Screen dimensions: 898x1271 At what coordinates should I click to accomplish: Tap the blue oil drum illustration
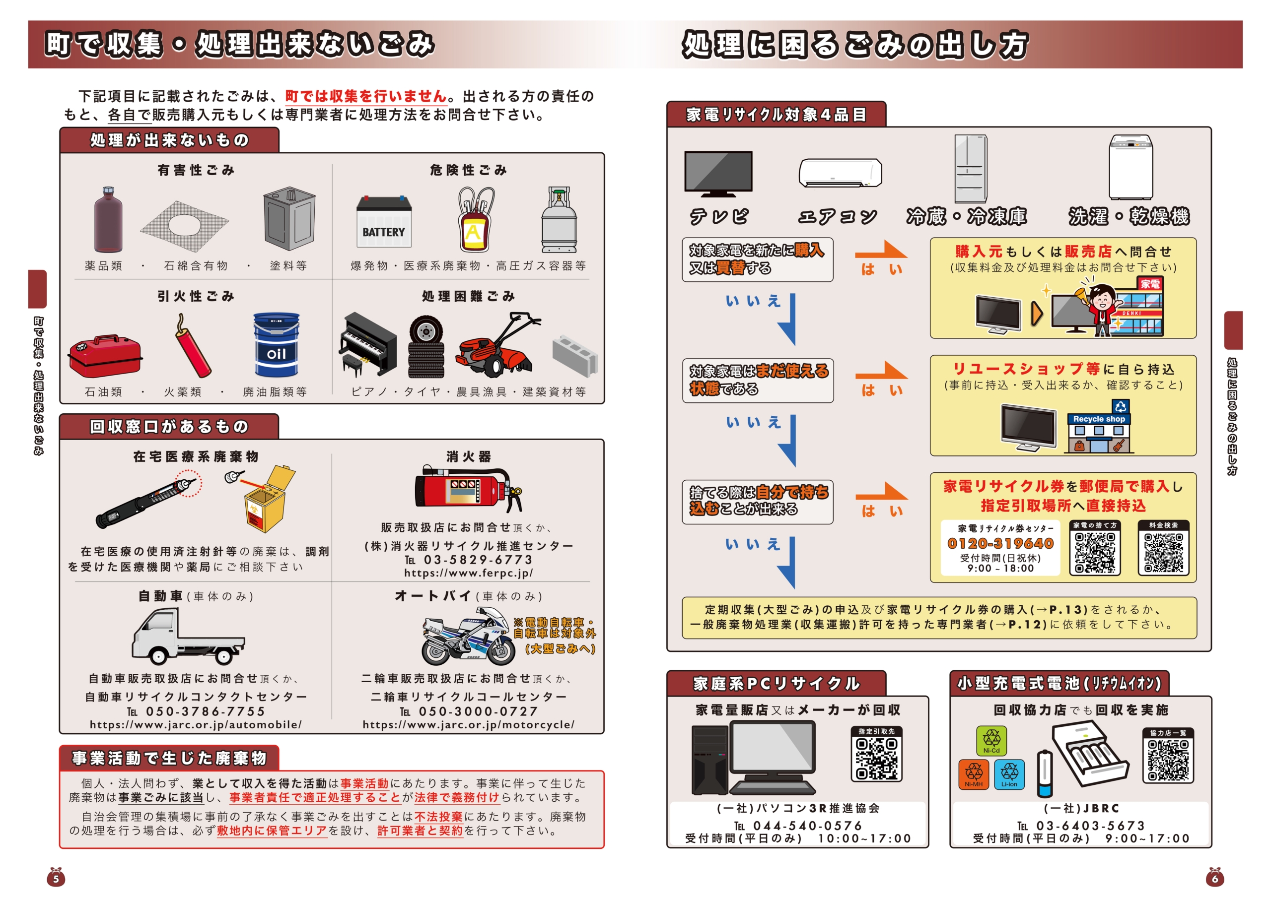276,345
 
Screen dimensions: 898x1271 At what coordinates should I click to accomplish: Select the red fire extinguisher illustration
466,490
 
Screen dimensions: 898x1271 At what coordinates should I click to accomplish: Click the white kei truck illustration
187,637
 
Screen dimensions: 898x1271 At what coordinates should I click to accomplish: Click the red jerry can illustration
105,355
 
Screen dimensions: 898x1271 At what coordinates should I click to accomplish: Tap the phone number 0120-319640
1000,543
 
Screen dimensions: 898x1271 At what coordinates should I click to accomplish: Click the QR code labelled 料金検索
1163,553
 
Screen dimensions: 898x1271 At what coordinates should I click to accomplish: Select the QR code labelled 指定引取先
876,758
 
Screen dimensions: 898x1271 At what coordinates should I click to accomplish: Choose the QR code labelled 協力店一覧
1168,760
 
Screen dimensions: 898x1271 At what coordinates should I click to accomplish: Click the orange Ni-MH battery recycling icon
974,773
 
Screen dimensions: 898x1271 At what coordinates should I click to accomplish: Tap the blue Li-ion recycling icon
1009,773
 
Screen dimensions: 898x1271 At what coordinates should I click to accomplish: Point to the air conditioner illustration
840,173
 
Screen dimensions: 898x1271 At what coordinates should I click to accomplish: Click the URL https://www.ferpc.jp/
468,573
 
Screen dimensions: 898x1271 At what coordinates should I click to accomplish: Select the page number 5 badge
55,878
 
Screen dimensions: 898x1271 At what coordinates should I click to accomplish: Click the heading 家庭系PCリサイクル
776,684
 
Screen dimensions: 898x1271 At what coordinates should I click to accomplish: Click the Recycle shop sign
1099,419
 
